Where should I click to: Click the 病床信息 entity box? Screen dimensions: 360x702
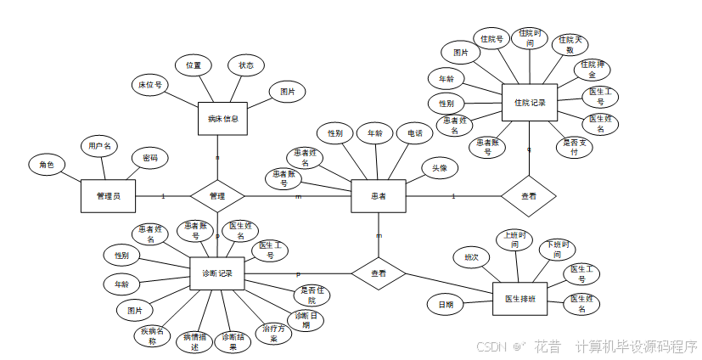(x=223, y=119)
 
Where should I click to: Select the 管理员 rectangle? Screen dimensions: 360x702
(x=108, y=196)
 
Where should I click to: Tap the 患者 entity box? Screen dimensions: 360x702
(x=379, y=196)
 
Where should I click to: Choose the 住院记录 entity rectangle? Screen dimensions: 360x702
(x=530, y=103)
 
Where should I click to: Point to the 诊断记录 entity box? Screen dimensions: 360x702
(x=217, y=273)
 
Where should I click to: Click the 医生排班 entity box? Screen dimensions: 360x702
(x=519, y=299)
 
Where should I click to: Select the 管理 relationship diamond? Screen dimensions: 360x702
(x=216, y=196)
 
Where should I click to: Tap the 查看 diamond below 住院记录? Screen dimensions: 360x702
(x=528, y=196)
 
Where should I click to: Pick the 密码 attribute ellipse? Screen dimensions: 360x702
(x=149, y=158)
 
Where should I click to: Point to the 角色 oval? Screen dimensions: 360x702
(x=47, y=165)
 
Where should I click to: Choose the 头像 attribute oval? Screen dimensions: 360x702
(x=440, y=168)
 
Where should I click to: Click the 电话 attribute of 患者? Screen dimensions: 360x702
(x=414, y=133)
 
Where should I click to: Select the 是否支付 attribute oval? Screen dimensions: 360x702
(x=575, y=147)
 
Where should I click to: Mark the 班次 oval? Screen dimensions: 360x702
(x=471, y=256)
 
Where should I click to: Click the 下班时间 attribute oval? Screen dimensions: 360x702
(x=557, y=250)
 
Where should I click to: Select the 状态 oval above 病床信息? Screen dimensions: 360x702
(x=246, y=65)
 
